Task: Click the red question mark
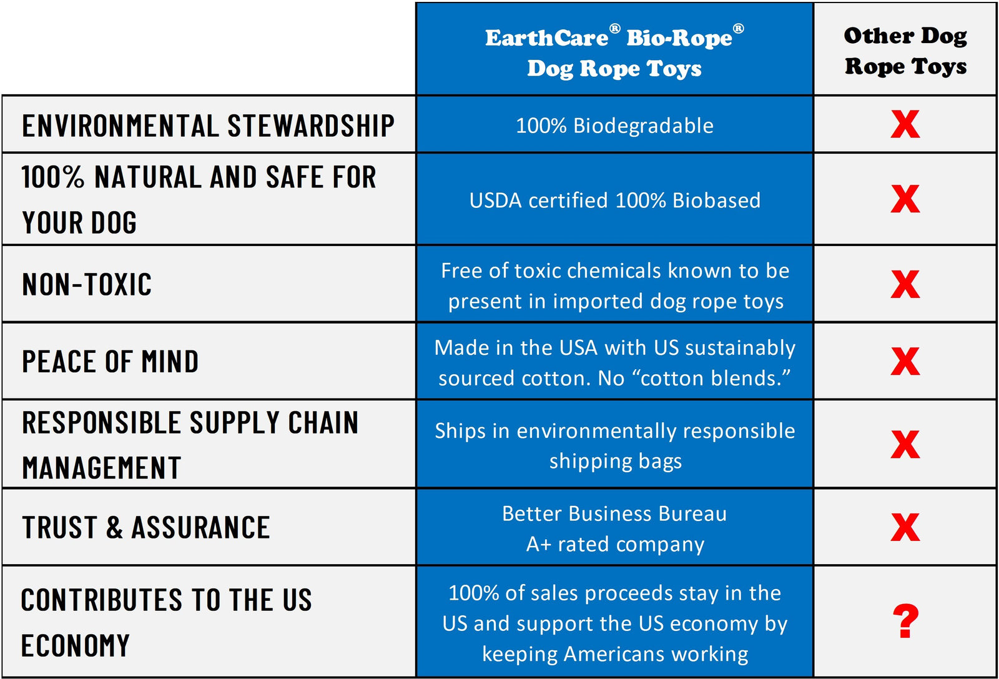click(x=905, y=621)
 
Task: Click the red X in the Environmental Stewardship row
click(x=905, y=124)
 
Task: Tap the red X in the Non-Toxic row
click(x=905, y=285)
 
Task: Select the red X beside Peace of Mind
click(x=905, y=362)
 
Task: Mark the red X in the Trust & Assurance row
click(x=905, y=528)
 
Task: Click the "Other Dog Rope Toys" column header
click(x=905, y=51)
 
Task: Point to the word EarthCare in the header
click(x=547, y=38)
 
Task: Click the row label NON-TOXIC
click(x=87, y=285)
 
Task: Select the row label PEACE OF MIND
click(x=111, y=362)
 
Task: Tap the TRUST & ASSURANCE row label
click(x=145, y=528)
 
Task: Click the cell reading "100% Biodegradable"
click(x=614, y=126)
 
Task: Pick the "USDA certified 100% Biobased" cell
click(x=614, y=201)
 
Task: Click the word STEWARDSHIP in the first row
click(x=311, y=126)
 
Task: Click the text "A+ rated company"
click(x=615, y=544)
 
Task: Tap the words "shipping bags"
click(x=615, y=461)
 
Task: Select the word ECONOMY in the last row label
click(x=76, y=646)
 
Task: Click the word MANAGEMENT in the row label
click(x=102, y=468)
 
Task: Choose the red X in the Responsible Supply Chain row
click(x=905, y=445)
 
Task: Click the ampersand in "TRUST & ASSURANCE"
click(x=114, y=528)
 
